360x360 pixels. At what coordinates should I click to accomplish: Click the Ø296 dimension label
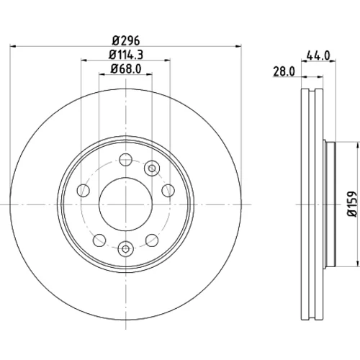pos(126,40)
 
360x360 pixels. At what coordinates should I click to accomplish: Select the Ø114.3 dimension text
pos(126,55)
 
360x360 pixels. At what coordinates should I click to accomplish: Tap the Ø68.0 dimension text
pos(126,69)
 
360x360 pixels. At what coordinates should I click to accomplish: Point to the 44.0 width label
pos(318,55)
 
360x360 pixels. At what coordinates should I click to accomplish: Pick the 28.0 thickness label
pos(284,71)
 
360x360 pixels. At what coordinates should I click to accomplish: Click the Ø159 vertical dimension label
pos(354,204)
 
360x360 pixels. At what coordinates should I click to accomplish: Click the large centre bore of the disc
pos(125,204)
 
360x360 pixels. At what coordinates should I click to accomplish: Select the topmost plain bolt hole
pos(125,160)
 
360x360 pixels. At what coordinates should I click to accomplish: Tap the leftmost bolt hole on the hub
pos(83,191)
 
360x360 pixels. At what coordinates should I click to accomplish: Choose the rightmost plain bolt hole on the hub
pos(168,191)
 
